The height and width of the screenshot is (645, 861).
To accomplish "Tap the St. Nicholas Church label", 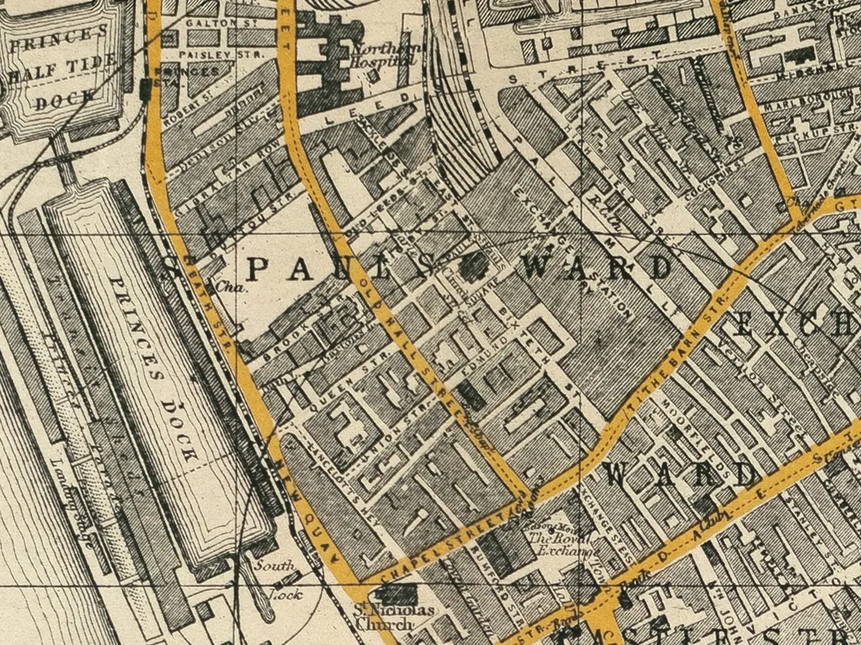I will tap(395, 617).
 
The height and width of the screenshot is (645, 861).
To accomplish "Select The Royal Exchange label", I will tap(563, 545).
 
